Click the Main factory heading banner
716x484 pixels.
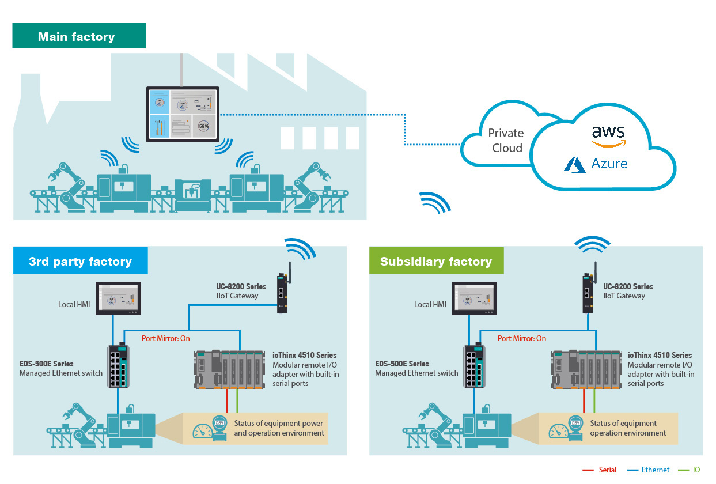(79, 37)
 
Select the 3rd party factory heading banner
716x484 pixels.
(81, 262)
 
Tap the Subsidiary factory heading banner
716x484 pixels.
(436, 262)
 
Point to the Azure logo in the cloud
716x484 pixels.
(596, 164)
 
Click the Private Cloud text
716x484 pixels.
(506, 140)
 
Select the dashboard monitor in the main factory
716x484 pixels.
(183, 114)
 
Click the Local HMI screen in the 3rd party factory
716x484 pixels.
(118, 298)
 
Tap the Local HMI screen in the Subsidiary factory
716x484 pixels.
(474, 298)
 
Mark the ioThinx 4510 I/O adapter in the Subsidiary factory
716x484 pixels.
(586, 369)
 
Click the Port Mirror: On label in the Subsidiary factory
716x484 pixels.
(522, 339)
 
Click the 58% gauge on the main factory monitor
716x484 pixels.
(203, 125)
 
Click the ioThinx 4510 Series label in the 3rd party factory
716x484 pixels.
(305, 355)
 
